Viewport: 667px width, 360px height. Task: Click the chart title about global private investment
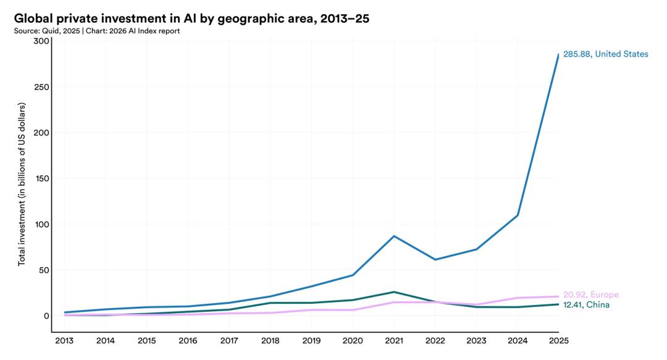pyautogui.click(x=191, y=19)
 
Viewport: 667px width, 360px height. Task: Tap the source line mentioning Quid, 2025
pyautogui.click(x=96, y=31)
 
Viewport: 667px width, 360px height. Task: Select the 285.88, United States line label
pyautogui.click(x=605, y=54)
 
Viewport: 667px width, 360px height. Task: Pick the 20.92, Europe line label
pyautogui.click(x=590, y=295)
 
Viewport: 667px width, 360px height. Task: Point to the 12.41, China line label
pyautogui.click(x=590, y=305)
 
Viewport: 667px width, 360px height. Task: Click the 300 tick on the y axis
pyautogui.click(x=41, y=41)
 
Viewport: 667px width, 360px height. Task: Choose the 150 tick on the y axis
pyautogui.click(x=41, y=178)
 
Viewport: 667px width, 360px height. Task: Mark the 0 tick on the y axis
pyautogui.click(x=46, y=316)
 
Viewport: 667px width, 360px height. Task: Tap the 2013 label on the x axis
pyautogui.click(x=64, y=340)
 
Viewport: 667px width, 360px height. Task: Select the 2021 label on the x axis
pyautogui.click(x=393, y=340)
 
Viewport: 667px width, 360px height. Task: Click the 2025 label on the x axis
pyautogui.click(x=558, y=340)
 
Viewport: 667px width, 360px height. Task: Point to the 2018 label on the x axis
pyautogui.click(x=270, y=340)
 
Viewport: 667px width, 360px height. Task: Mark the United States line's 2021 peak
pyautogui.click(x=393, y=236)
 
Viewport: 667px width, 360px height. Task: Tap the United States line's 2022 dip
pyautogui.click(x=435, y=259)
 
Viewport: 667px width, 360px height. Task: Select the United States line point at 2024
pyautogui.click(x=517, y=215)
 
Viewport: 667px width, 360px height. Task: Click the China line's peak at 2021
pyautogui.click(x=393, y=292)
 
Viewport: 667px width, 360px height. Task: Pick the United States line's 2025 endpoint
pyautogui.click(x=558, y=54)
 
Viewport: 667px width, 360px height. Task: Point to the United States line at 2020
pyautogui.click(x=353, y=275)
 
